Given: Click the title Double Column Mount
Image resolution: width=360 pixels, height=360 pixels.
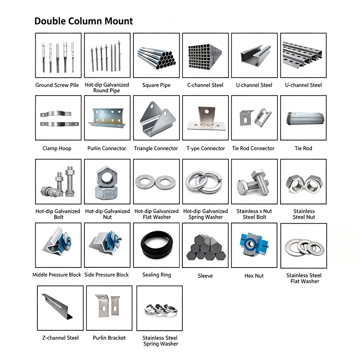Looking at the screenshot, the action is point(84,21).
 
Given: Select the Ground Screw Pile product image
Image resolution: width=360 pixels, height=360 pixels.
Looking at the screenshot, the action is point(58,55).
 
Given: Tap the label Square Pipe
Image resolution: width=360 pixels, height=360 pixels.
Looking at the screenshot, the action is point(156,85).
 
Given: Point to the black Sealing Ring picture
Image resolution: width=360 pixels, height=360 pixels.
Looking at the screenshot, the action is point(157,245).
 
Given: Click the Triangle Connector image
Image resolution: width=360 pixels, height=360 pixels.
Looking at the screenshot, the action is point(156,118).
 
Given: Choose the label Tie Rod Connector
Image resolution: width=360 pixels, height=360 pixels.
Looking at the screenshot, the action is point(253,148).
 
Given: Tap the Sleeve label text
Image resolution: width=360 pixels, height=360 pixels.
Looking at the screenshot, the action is point(205,276).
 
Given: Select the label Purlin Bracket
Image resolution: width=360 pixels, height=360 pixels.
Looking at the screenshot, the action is point(109,338).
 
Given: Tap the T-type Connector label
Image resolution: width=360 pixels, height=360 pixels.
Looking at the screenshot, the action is point(206,148).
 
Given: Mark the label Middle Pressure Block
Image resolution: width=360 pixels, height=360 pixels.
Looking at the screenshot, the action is point(57,275).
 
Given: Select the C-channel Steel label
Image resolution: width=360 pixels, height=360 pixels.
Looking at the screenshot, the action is point(205,85).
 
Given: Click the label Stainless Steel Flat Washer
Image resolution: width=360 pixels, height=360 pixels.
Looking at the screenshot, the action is point(304,278).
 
